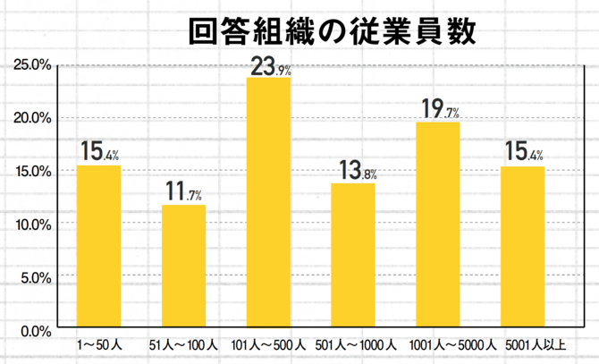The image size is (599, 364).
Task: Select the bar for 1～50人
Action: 98,248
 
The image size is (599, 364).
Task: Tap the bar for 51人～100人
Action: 183,267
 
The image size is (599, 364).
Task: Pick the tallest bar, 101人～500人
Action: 268,203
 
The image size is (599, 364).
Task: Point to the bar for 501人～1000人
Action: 353,257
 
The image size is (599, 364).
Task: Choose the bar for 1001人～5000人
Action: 438,225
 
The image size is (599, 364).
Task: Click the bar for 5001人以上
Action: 522,248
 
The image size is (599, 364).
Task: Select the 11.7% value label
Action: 184,192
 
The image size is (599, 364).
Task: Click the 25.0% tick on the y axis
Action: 32,65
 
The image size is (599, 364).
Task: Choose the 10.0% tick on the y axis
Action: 32,224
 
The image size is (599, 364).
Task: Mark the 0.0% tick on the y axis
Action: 35,330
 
